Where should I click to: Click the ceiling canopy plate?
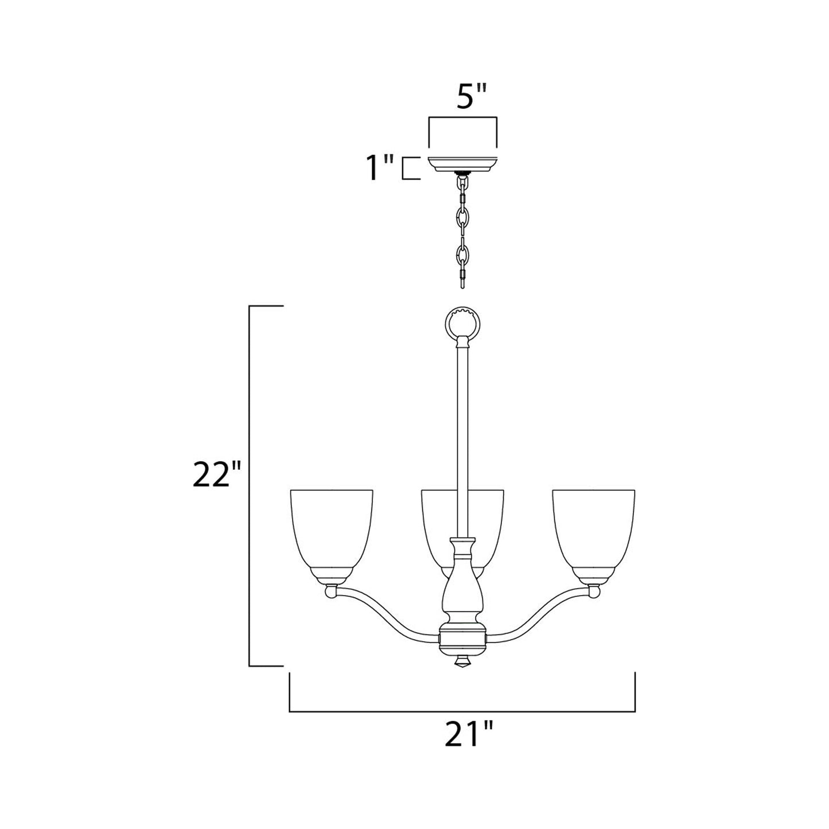462,164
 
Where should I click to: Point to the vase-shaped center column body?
462,597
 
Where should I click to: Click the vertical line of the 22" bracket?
249,488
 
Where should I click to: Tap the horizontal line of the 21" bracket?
462,711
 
